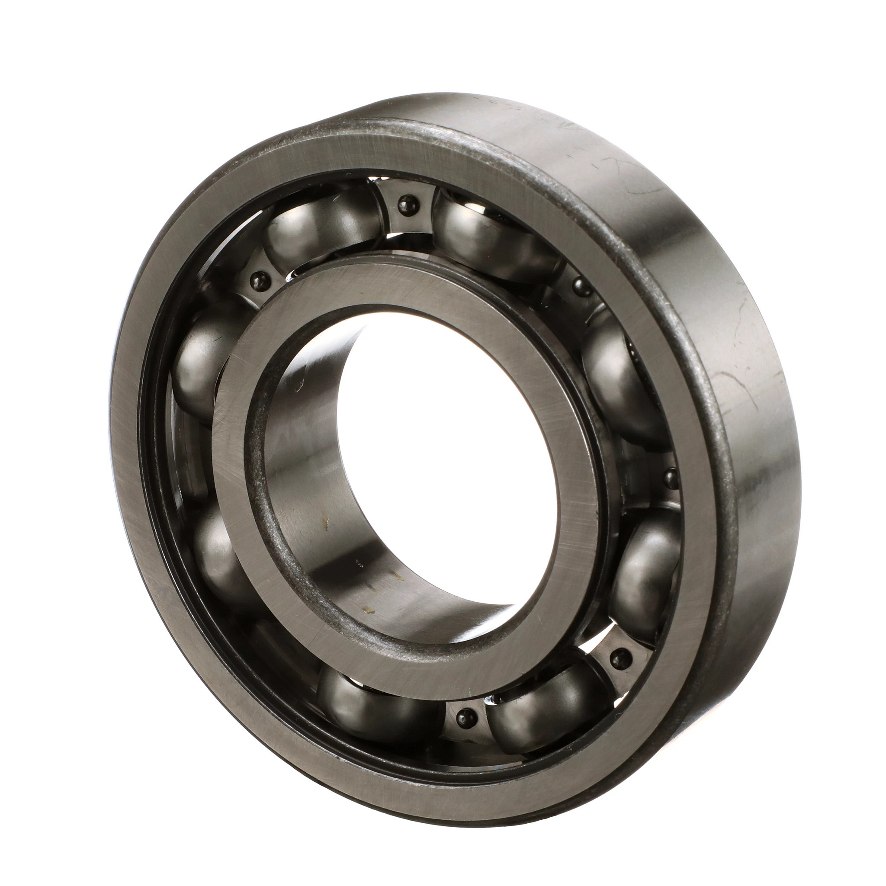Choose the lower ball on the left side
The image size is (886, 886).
coord(215,550)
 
